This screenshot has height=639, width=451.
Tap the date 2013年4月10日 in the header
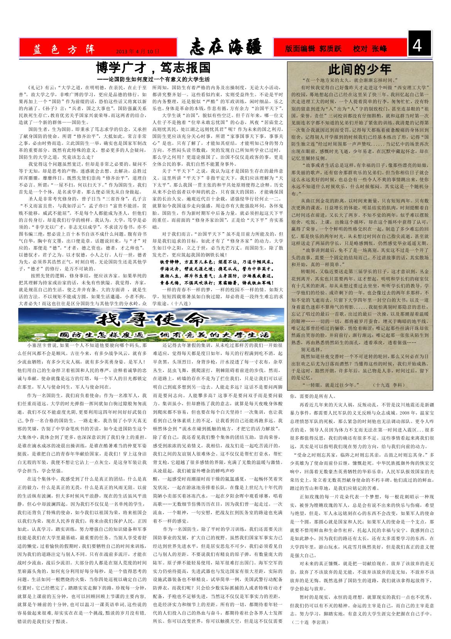click(x=137, y=51)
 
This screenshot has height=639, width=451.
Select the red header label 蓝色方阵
click(x=64, y=49)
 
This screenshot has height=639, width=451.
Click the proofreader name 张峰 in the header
click(x=380, y=49)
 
